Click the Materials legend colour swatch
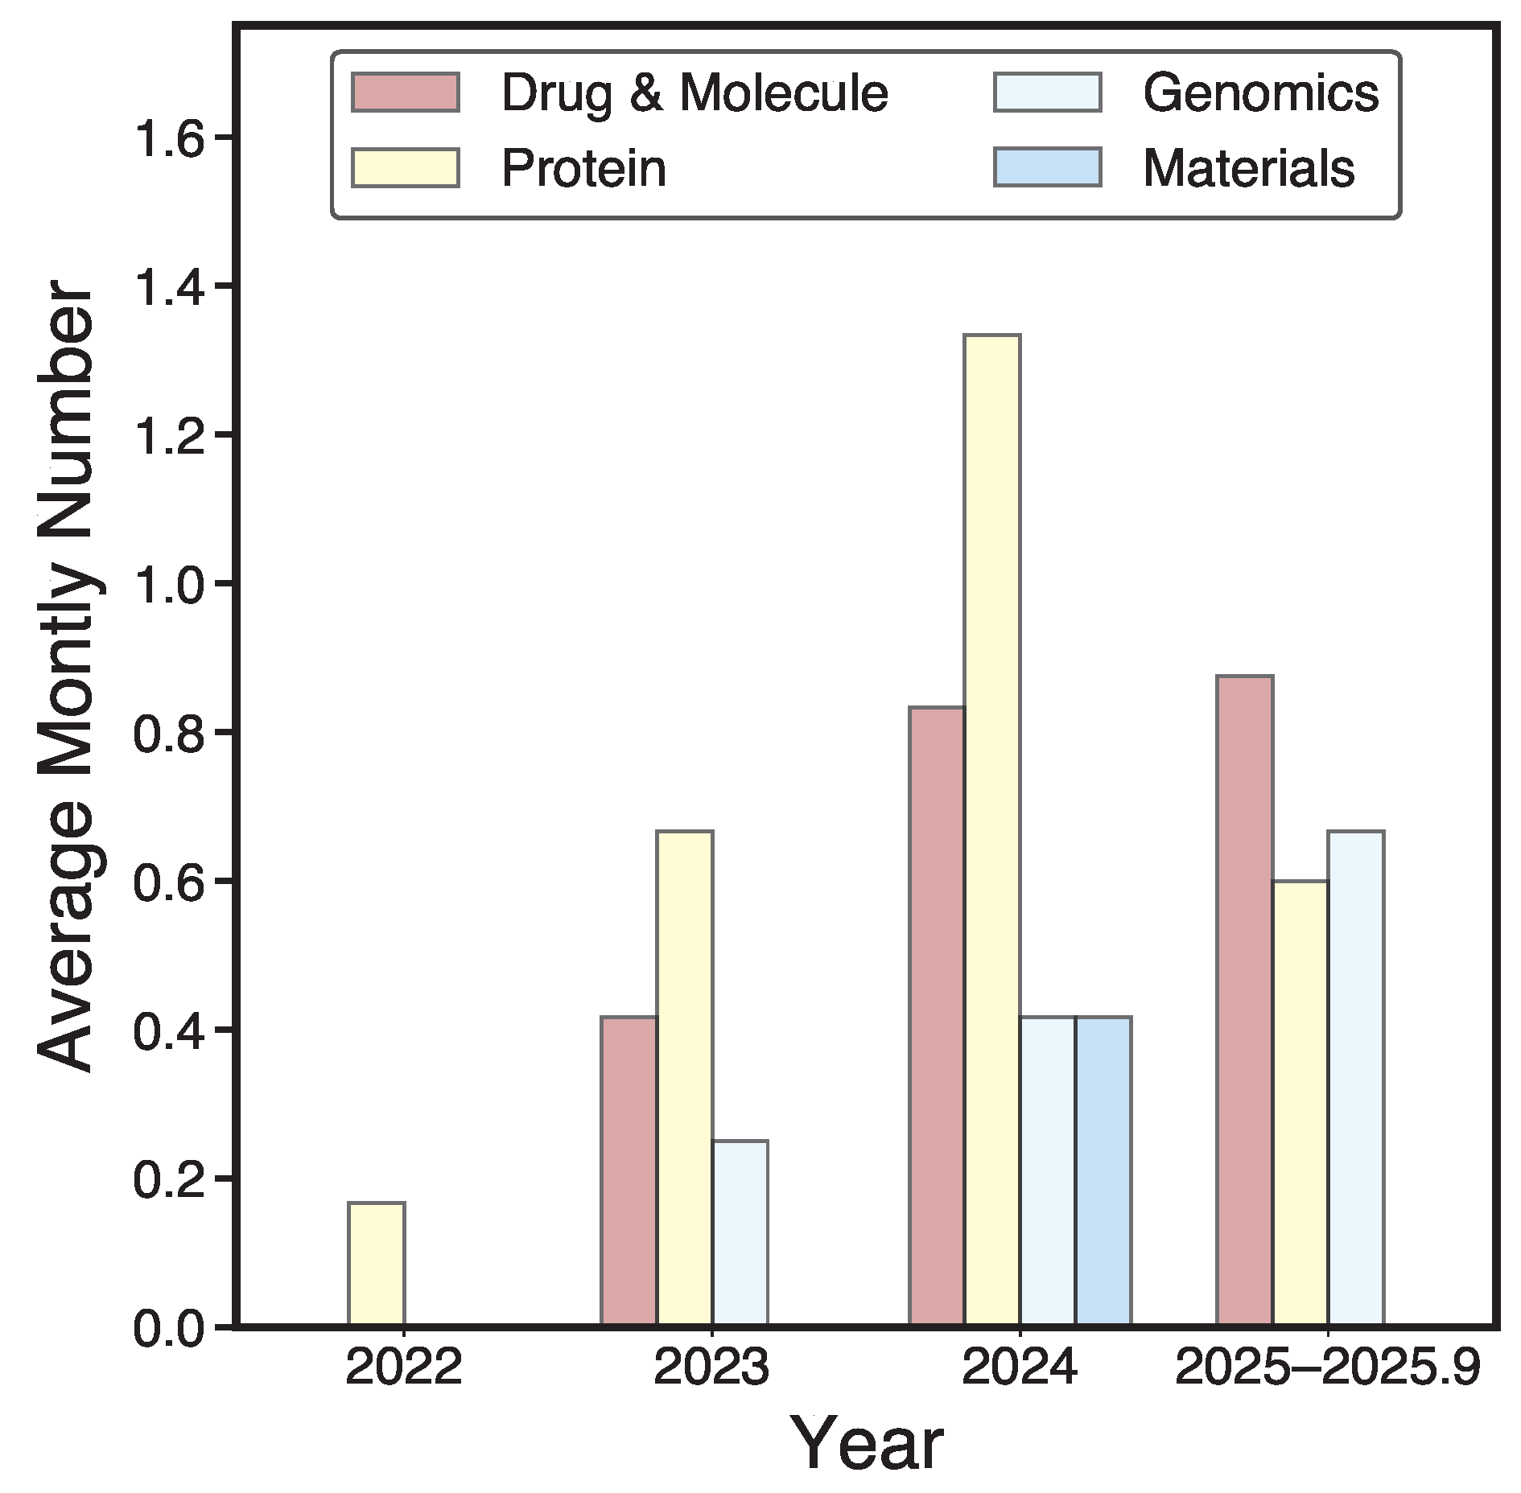tap(1047, 167)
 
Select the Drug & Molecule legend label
tap(695, 93)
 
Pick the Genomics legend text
tap(1260, 93)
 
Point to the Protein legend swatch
tap(406, 167)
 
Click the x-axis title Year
tap(866, 1445)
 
